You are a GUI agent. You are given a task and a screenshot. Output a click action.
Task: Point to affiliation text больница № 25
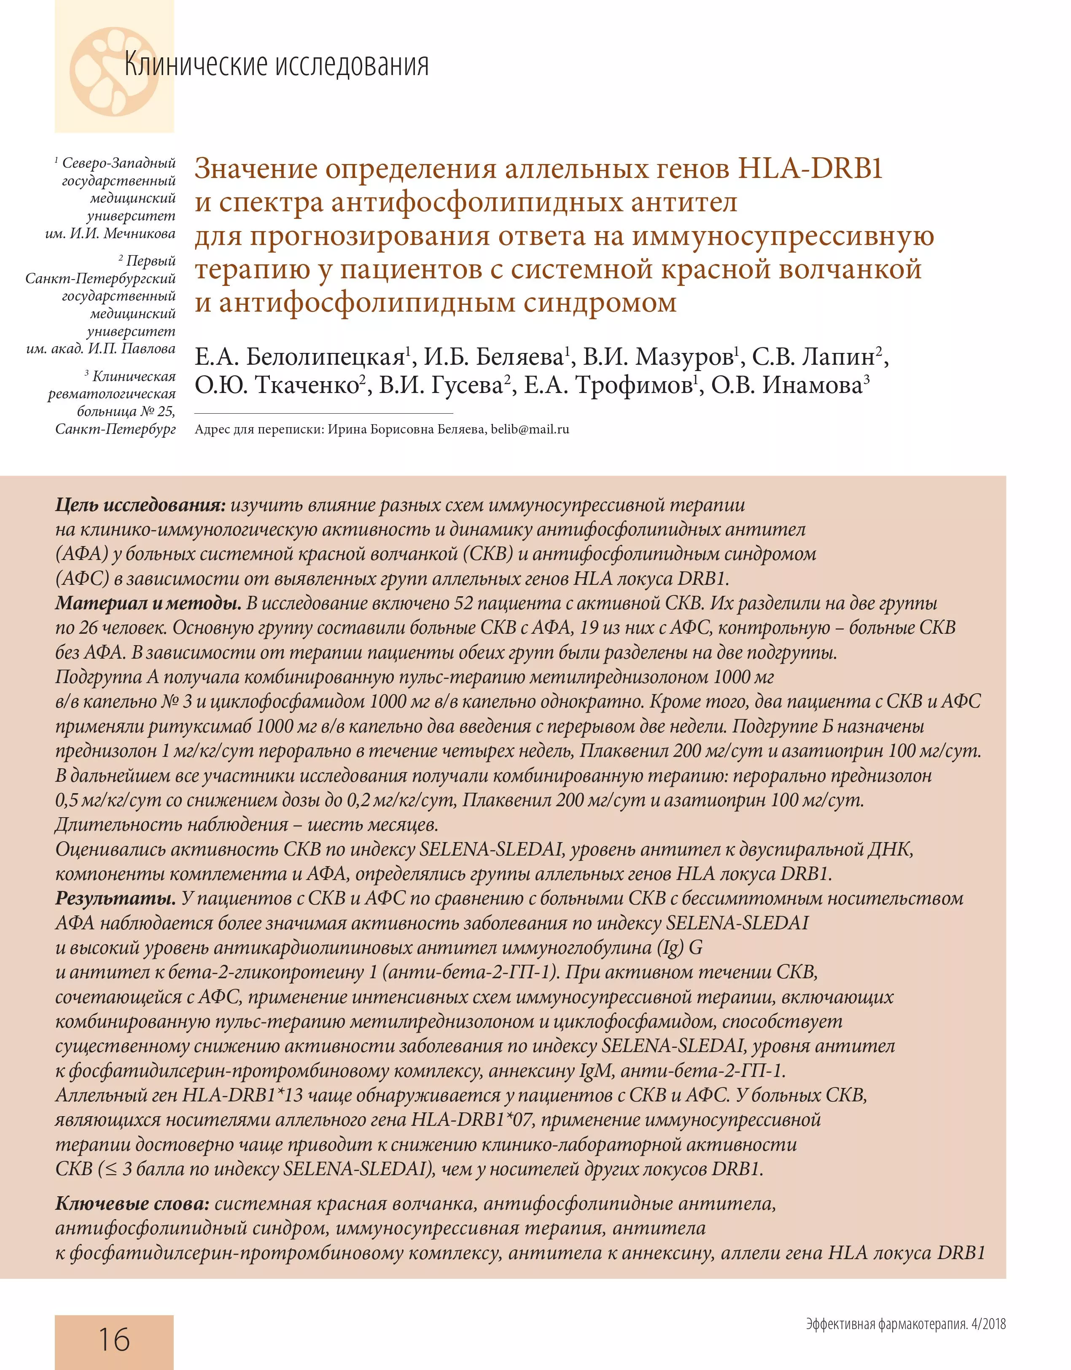[x=126, y=412]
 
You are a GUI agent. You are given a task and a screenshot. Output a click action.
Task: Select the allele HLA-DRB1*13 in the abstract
[x=243, y=1095]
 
